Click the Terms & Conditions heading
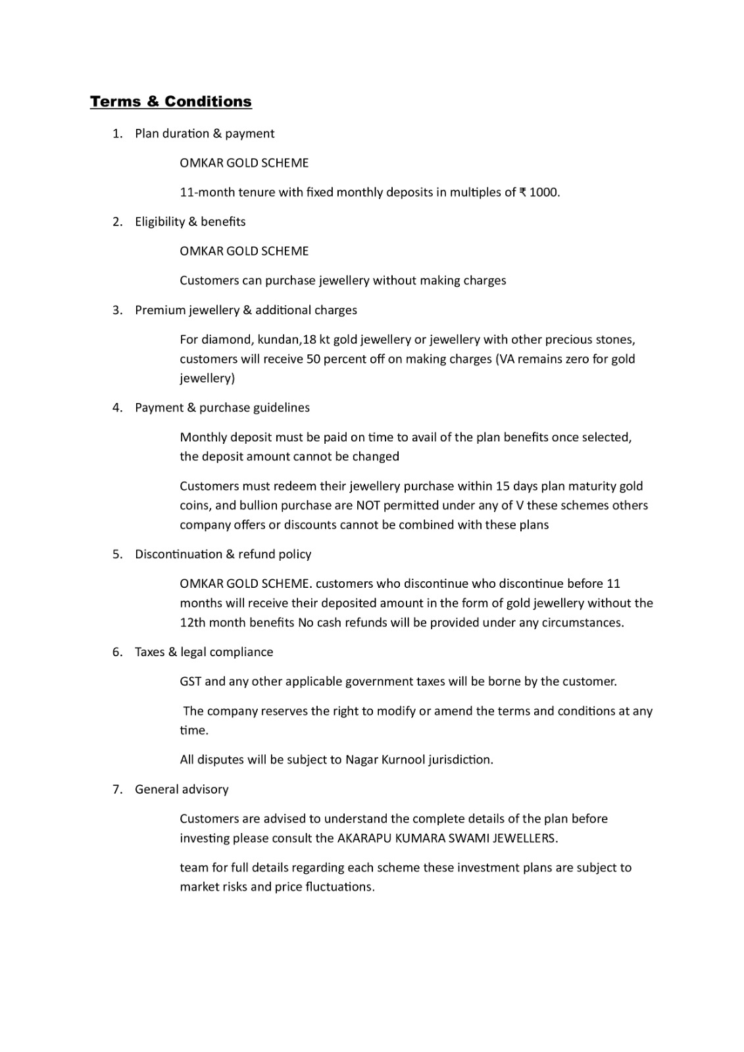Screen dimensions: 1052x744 tap(171, 101)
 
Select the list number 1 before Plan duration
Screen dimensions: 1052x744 tap(116, 133)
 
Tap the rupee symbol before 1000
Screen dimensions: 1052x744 tap(522, 193)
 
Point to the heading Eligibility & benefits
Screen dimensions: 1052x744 tap(190, 222)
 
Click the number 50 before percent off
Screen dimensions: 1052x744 tap(313, 359)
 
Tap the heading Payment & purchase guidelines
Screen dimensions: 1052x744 tap(222, 408)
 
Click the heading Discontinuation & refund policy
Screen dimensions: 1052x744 tap(223, 554)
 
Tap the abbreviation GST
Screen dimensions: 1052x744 tap(191, 682)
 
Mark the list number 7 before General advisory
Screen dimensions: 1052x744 tap(116, 790)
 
